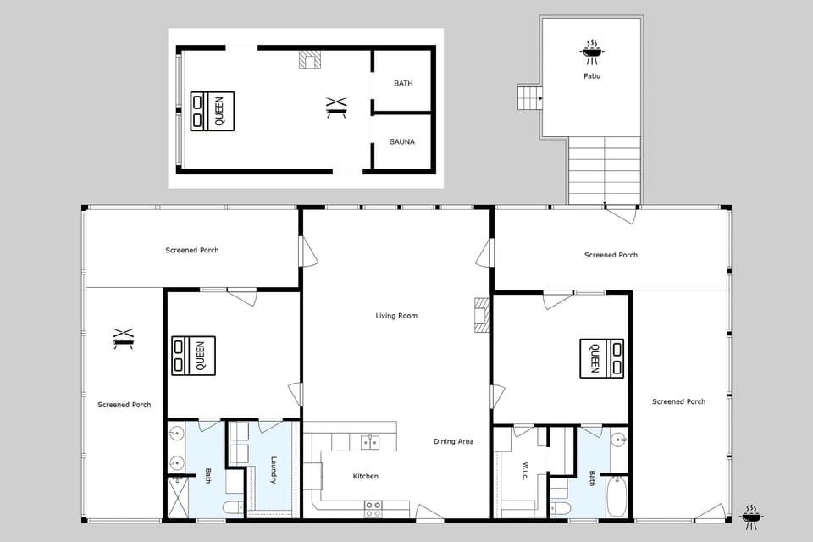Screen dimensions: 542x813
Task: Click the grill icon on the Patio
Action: coord(592,51)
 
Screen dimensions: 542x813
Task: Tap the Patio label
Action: coord(592,76)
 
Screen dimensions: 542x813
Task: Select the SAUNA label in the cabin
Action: coord(402,141)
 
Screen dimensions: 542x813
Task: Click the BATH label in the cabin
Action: coord(403,83)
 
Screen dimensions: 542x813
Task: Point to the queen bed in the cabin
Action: coord(212,111)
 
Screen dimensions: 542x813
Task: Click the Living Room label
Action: coord(396,316)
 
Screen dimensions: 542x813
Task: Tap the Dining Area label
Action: coord(453,441)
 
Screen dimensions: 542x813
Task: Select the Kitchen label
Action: coord(366,476)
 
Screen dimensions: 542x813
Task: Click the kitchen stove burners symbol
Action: coord(373,508)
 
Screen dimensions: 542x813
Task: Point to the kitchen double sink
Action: coord(369,441)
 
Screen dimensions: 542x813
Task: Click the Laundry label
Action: coord(274,470)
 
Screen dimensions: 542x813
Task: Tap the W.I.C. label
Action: coord(525,470)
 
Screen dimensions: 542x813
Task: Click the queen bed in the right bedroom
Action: coord(601,358)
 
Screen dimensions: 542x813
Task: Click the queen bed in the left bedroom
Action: coord(193,355)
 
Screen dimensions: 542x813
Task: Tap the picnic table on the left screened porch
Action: coord(124,339)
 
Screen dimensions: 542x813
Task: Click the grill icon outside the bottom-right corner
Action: coord(750,516)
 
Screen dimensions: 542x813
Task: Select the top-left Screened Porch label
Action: coord(192,250)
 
